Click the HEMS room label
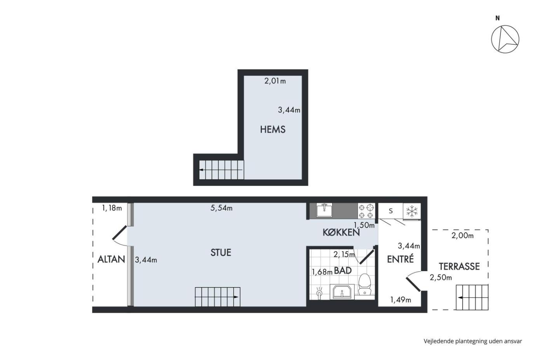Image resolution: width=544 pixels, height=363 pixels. click(x=273, y=129)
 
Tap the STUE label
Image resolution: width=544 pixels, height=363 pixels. click(x=221, y=253)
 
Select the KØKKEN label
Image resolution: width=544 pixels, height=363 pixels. click(x=341, y=232)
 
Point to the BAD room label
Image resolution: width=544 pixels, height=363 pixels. click(x=343, y=270)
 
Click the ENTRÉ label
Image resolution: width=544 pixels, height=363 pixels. click(x=400, y=259)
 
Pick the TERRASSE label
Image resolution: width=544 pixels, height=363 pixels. click(x=459, y=267)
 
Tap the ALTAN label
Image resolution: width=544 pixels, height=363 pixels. click(x=111, y=259)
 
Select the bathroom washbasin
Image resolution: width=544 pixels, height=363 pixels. click(x=342, y=291)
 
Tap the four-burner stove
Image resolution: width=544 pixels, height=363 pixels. click(x=366, y=211)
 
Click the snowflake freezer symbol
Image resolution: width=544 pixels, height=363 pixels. click(x=412, y=210)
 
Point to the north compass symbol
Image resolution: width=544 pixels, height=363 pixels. click(x=505, y=39)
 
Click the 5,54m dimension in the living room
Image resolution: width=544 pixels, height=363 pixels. click(x=221, y=208)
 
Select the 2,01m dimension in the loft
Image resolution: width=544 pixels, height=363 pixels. click(x=275, y=81)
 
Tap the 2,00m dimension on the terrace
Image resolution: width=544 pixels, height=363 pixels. click(x=462, y=236)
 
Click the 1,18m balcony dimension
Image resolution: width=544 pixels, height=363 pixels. click(x=112, y=208)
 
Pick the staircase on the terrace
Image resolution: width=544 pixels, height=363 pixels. click(x=472, y=297)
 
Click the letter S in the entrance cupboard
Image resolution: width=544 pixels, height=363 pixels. click(x=391, y=211)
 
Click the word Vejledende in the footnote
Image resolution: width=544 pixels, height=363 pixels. click(x=439, y=341)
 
